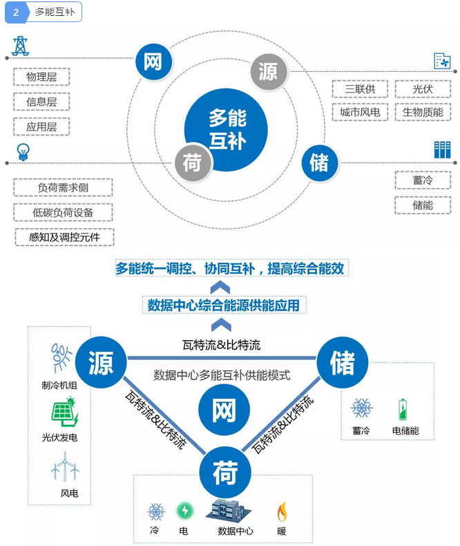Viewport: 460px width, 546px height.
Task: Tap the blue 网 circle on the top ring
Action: pyautogui.click(x=153, y=61)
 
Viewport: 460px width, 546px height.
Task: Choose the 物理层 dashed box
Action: pyautogui.click(x=41, y=77)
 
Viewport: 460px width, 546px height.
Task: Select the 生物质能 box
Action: pyautogui.click(x=423, y=112)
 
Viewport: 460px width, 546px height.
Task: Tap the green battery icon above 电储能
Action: pyautogui.click(x=403, y=409)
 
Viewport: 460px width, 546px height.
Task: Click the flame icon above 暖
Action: pyautogui.click(x=282, y=511)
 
